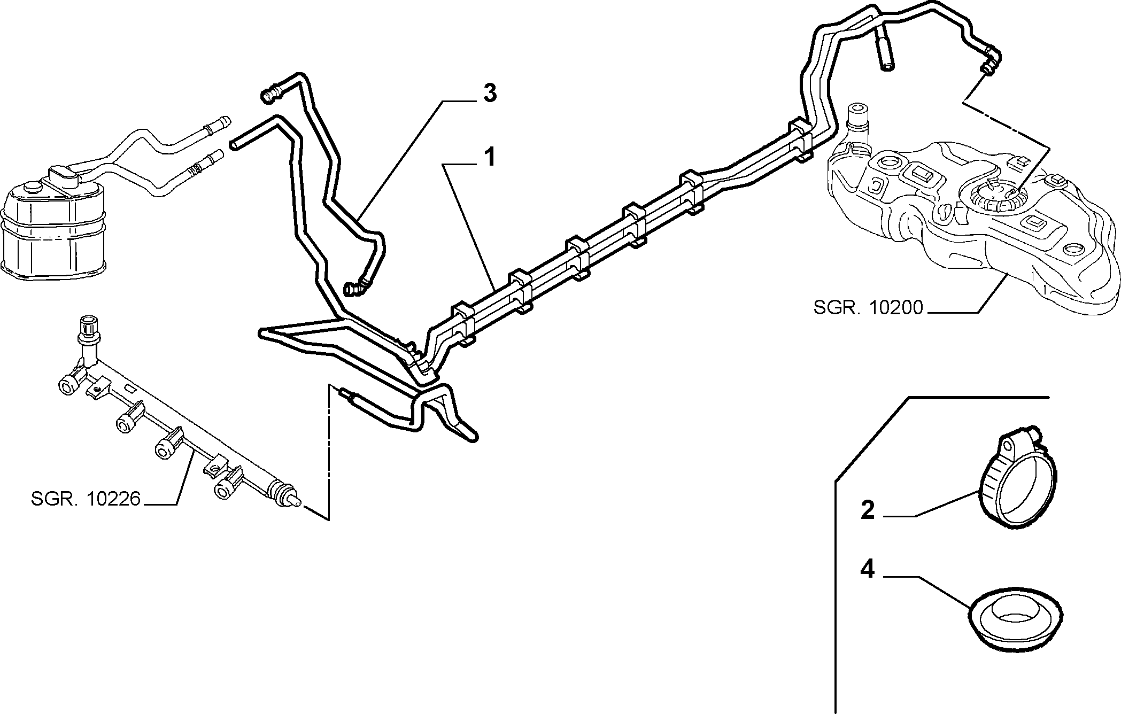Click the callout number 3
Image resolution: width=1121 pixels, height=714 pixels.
490,93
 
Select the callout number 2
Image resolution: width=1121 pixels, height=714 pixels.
867,510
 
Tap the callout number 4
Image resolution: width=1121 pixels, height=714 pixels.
867,570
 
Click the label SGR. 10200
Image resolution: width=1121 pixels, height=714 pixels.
868,308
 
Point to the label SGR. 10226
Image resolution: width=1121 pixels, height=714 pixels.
86,499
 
